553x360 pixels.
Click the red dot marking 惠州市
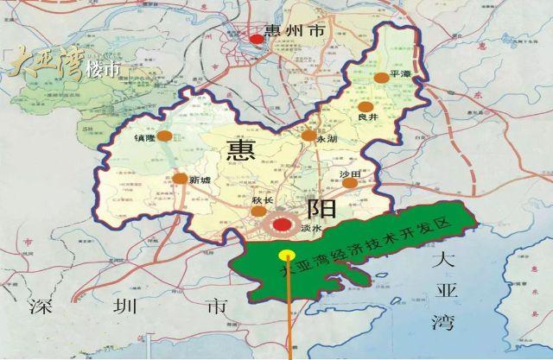coord(257,38)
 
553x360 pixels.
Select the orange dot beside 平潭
coord(380,78)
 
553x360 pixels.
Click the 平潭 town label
coord(401,75)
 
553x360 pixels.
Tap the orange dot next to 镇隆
coord(164,136)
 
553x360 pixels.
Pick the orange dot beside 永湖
coord(308,136)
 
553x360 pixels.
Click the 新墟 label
coord(200,180)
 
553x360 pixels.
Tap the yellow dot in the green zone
coord(284,255)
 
